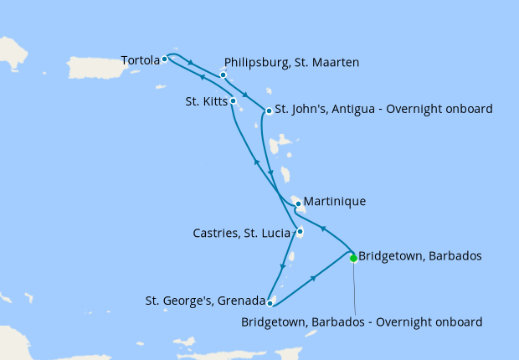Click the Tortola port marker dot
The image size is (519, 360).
(x=165, y=59)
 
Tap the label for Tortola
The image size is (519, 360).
(x=140, y=60)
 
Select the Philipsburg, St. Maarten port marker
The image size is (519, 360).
(x=224, y=75)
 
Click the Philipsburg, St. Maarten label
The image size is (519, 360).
(x=292, y=63)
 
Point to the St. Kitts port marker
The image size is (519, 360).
(x=234, y=101)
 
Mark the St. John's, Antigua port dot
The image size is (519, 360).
(x=269, y=111)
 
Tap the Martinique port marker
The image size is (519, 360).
(x=298, y=203)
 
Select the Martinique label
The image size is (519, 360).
(x=336, y=202)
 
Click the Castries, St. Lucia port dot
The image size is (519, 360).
(x=300, y=232)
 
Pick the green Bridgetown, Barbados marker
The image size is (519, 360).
(x=353, y=258)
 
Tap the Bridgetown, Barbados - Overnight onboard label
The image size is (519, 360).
(x=362, y=321)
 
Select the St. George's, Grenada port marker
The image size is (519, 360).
(x=270, y=303)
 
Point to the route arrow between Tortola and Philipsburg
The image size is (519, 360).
(x=193, y=63)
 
